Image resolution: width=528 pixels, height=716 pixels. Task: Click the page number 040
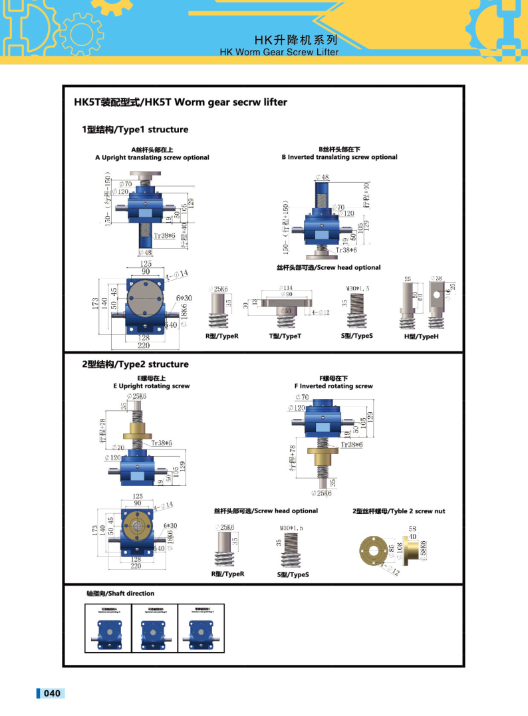pos(52,693)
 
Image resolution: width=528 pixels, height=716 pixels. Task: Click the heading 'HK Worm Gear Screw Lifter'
pos(279,52)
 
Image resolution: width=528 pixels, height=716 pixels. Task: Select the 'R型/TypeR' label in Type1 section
pos(221,336)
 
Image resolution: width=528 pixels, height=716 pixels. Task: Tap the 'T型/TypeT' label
pos(285,336)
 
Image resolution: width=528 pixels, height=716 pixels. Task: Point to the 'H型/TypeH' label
pos(422,337)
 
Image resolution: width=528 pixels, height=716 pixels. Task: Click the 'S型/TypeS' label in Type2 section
pos(293,574)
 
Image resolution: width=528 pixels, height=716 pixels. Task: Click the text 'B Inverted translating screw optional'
pos(339,158)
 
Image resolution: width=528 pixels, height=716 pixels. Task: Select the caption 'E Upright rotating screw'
pos(151,386)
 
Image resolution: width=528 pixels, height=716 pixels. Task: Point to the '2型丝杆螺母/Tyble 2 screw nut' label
pos(398,511)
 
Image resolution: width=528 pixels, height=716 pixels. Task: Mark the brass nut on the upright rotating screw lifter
pos(139,428)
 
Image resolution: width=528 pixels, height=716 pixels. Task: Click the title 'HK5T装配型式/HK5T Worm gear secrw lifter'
pos(180,102)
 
